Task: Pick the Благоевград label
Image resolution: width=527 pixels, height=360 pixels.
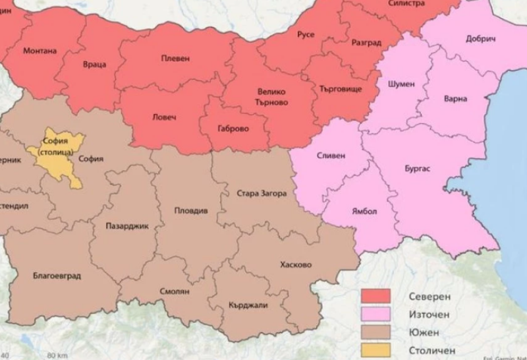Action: [57, 276]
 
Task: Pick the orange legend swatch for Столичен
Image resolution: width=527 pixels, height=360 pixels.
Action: [375, 349]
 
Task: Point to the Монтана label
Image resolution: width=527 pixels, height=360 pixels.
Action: [40, 51]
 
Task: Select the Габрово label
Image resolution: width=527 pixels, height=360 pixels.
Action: [233, 129]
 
